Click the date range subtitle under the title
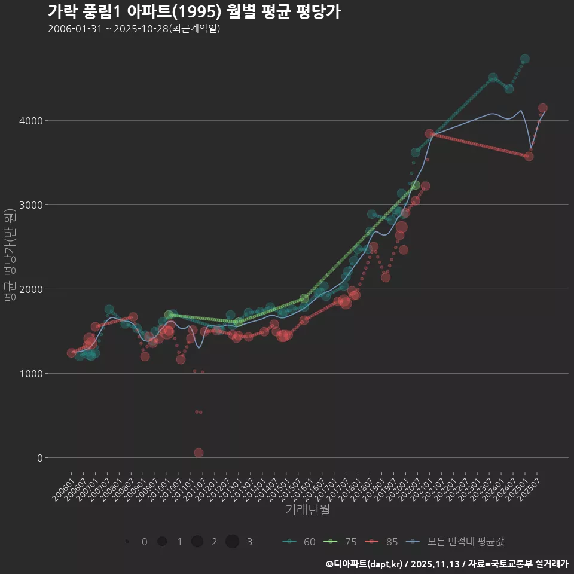[x=134, y=29]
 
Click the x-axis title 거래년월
[x=307, y=510]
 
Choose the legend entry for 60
[x=299, y=542]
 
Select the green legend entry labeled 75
[x=340, y=542]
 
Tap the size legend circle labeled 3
[x=233, y=542]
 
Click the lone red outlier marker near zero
[x=199, y=453]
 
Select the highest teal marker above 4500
[x=524, y=59]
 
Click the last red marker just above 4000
[x=542, y=108]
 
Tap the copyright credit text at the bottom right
[x=447, y=563]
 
